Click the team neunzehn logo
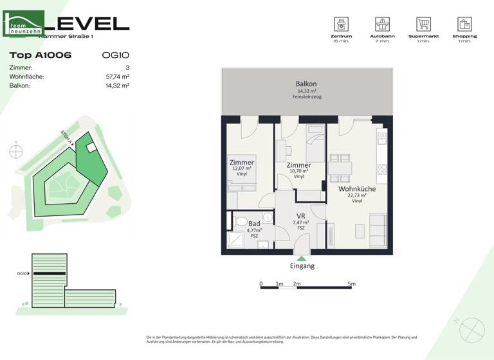pyautogui.click(x=24, y=24)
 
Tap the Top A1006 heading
pyautogui.click(x=41, y=55)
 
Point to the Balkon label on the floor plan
pyautogui.click(x=306, y=84)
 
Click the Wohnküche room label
pyautogui.click(x=356, y=189)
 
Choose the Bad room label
pyautogui.click(x=254, y=223)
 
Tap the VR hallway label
pyautogui.click(x=300, y=216)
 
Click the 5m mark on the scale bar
pyautogui.click(x=351, y=283)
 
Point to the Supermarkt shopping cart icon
pyautogui.click(x=423, y=24)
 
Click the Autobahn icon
pyautogui.click(x=383, y=24)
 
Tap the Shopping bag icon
pyautogui.click(x=464, y=24)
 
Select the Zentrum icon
pyautogui.click(x=341, y=24)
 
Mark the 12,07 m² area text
pyautogui.click(x=242, y=168)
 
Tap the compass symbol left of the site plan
pyautogui.click(x=15, y=152)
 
